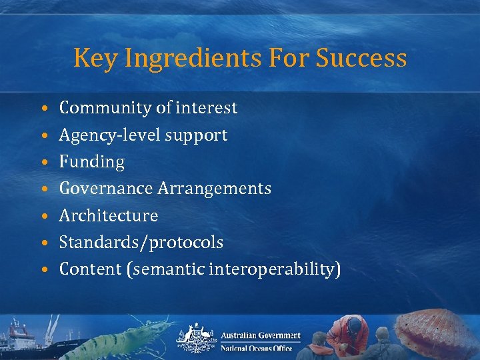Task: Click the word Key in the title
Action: (91, 59)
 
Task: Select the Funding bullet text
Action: (92, 162)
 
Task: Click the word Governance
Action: (106, 189)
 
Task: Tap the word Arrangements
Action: (214, 189)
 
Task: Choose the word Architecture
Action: (109, 216)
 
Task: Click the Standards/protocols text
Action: (141, 243)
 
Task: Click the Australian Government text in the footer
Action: (261, 335)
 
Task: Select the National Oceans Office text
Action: (257, 348)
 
